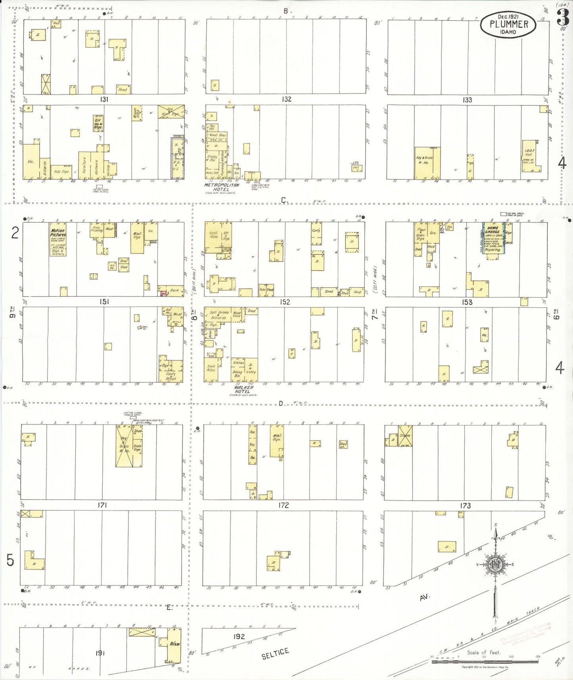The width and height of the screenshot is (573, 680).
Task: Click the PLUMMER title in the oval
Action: pos(509,24)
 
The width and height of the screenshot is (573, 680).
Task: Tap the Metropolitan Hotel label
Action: pos(222,187)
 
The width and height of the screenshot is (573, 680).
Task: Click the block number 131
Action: pos(103,99)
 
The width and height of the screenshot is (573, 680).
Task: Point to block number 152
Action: pos(285,302)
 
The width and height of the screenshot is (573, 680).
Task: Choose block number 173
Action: pos(465,505)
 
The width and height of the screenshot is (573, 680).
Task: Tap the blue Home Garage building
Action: pos(493,238)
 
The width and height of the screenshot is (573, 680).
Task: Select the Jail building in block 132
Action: pos(356,168)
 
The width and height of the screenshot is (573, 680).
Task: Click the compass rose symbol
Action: pos(496,564)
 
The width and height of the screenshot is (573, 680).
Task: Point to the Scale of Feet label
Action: pos(483,652)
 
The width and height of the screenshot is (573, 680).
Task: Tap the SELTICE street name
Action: pos(275,653)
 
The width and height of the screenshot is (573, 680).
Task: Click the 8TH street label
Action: pos(194,315)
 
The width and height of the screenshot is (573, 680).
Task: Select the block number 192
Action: pos(239,636)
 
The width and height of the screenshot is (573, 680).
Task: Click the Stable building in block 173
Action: pos(405,436)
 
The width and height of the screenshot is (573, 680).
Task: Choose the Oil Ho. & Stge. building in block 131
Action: pos(98,123)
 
